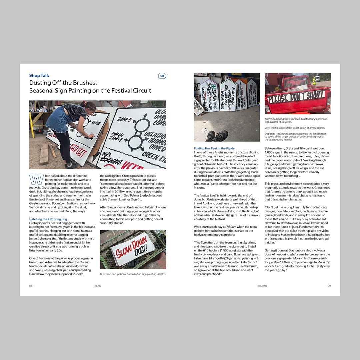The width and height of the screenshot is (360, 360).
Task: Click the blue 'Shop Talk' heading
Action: click(x=39, y=76)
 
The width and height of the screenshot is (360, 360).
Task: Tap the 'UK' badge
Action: click(x=162, y=76)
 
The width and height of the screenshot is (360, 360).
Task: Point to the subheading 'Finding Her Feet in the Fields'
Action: click(x=214, y=148)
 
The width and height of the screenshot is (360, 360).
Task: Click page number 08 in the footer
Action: click(x=31, y=286)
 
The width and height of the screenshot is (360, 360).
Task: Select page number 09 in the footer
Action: click(x=329, y=286)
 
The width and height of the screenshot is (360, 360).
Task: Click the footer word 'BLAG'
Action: click(x=97, y=286)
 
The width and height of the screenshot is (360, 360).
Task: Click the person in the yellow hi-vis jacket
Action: click(x=314, y=81)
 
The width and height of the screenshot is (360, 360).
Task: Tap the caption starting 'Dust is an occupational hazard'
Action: click(x=133, y=274)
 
